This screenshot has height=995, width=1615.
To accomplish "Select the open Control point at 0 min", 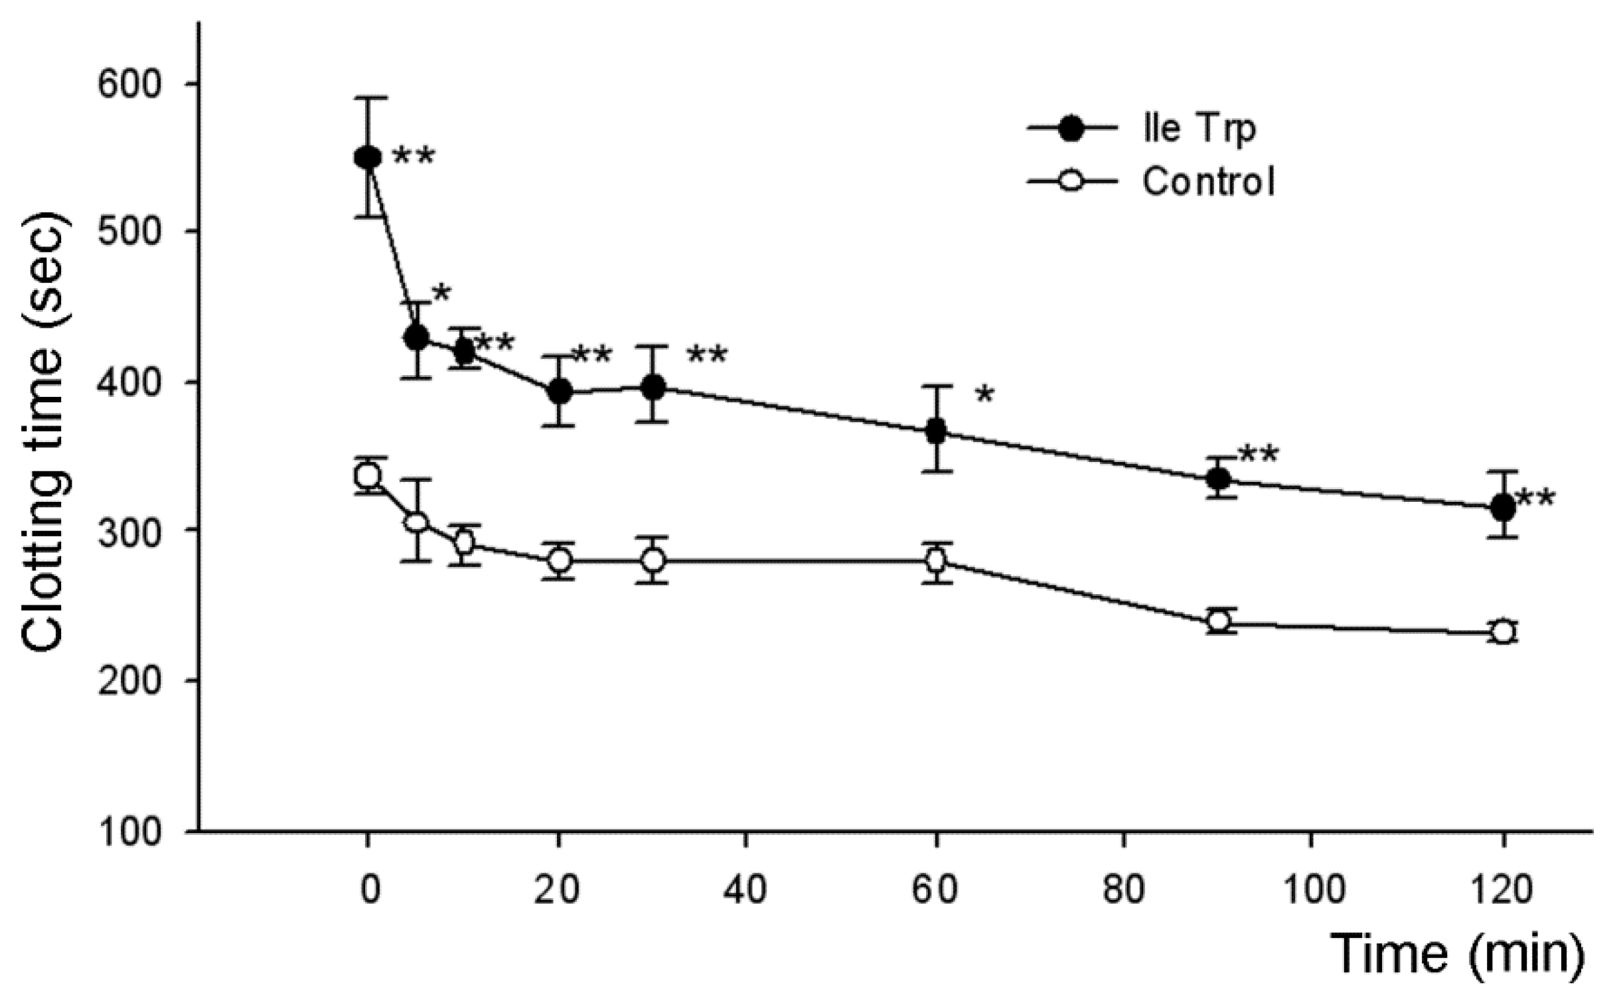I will click(368, 476).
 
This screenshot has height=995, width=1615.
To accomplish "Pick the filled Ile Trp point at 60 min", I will click(937, 431).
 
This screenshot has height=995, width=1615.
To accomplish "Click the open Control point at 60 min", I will click(937, 561).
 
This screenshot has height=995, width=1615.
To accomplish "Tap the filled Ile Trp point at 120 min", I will click(1503, 508).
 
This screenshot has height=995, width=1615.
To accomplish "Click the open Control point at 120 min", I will click(1503, 632).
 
